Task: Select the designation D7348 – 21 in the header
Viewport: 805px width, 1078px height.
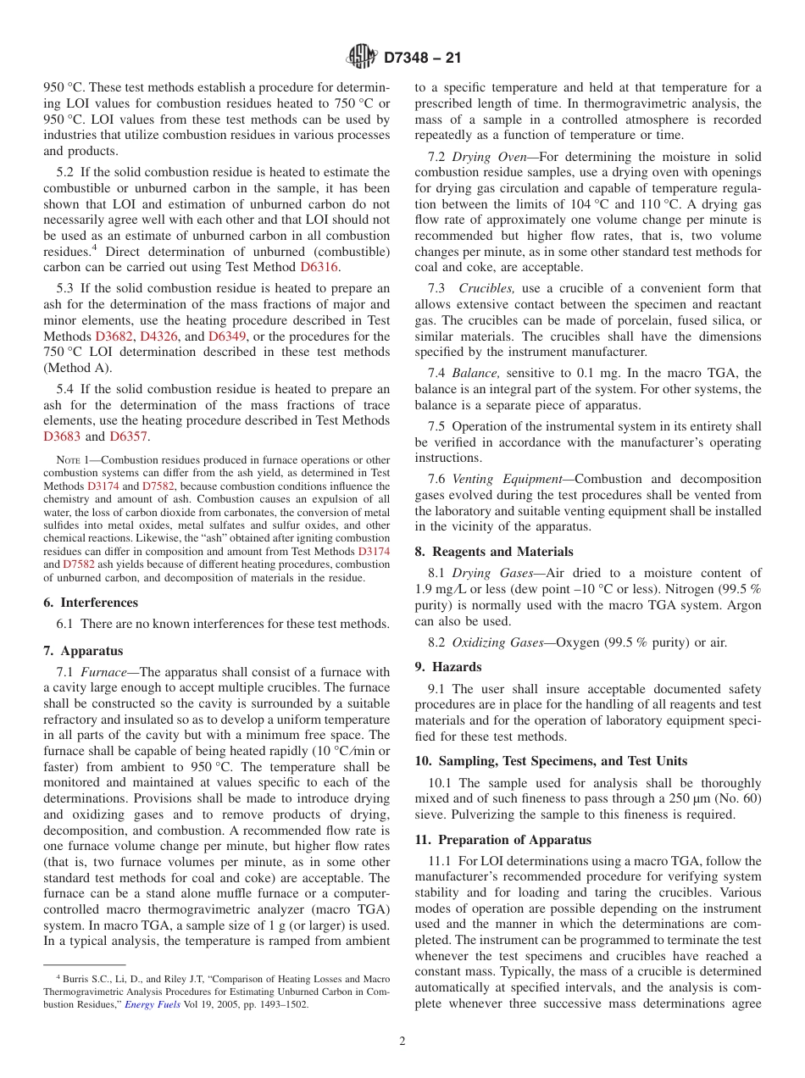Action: click(x=421, y=58)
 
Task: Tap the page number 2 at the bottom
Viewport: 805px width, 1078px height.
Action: click(x=402, y=1042)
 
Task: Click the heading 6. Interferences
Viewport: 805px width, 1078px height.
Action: click(x=91, y=603)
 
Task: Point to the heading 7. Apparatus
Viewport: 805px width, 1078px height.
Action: click(x=83, y=651)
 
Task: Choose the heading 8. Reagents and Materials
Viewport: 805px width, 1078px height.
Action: click(x=494, y=552)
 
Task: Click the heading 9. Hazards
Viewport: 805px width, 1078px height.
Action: click(x=448, y=667)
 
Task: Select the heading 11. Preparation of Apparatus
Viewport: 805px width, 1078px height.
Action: click(x=503, y=840)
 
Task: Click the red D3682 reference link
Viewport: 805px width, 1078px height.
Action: click(x=114, y=336)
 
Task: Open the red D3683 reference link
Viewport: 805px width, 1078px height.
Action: click(x=62, y=436)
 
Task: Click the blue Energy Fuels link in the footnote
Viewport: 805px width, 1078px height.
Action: click(x=152, y=1004)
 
